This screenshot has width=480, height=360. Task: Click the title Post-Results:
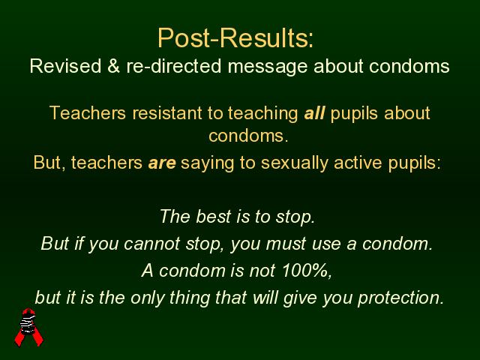235,38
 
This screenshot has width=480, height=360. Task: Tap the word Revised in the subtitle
65,66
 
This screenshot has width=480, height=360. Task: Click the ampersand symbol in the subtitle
113,66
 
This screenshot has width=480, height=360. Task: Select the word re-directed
173,66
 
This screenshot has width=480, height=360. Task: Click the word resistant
166,113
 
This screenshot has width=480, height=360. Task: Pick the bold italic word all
314,113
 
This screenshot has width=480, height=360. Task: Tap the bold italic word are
162,163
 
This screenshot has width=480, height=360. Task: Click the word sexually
294,163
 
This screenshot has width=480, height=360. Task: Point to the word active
358,162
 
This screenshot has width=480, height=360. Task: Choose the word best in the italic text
213,217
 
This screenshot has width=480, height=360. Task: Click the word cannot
151,244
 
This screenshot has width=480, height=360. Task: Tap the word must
286,244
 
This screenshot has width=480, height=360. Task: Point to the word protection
401,298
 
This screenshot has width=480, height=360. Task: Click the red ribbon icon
29,327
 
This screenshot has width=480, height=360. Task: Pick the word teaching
263,114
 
